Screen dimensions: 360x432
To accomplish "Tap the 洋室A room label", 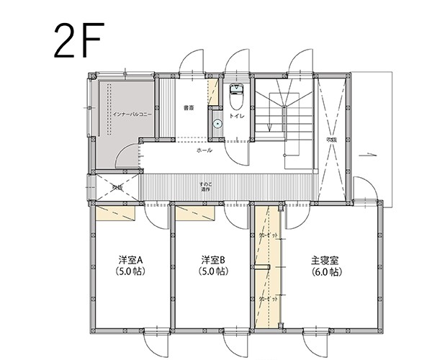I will coord(131,260).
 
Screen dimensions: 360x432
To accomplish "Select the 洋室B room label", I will coord(213,260).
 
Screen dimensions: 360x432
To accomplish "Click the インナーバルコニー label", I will coord(120,114).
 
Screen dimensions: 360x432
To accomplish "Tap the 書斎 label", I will coord(189,108).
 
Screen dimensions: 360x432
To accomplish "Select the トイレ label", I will coord(236,114).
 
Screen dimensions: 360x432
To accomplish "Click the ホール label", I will coord(204,152).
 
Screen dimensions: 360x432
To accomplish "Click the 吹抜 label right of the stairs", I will coord(331,139).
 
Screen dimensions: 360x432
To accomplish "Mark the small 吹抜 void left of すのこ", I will coord(116,187).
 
